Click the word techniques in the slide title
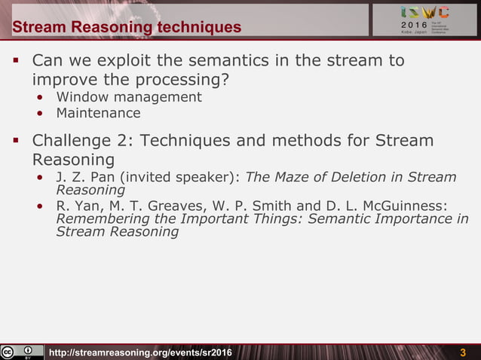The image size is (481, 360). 199,28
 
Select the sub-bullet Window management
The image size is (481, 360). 129,97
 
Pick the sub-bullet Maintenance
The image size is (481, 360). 98,113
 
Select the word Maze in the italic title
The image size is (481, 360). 295,177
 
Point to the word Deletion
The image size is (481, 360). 363,177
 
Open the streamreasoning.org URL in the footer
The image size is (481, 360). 140,353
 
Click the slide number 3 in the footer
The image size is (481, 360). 463,353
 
